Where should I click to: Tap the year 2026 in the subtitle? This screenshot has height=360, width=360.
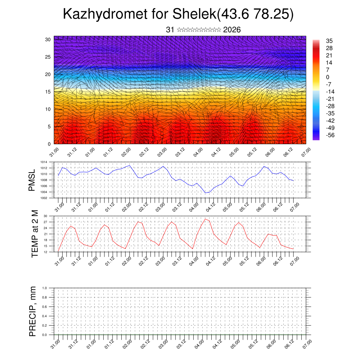point(232,30)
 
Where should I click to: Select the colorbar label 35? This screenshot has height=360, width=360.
point(329,41)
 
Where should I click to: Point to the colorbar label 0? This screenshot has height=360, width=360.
point(328,77)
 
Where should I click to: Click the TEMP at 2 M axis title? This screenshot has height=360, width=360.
point(35,234)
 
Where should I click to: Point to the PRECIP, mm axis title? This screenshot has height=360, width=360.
point(33,311)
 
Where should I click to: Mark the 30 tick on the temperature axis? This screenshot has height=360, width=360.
point(45,216)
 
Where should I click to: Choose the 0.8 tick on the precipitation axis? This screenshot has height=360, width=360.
point(45,297)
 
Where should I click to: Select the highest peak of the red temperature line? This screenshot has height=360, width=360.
point(205,219)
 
